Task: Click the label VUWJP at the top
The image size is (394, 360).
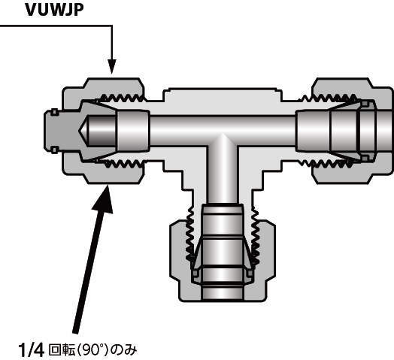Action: (54, 11)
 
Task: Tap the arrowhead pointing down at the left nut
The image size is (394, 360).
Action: (112, 67)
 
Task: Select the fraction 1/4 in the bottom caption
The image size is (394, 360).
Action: (31, 350)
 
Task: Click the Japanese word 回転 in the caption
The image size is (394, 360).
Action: (62, 350)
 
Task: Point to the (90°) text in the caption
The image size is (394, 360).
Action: (93, 350)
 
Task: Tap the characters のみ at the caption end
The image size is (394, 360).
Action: (124, 350)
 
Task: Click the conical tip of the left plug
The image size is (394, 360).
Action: (83, 131)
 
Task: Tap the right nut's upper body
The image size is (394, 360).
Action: (352, 86)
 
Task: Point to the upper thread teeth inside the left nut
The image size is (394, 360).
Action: (122, 98)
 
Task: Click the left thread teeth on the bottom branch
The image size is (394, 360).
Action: (189, 235)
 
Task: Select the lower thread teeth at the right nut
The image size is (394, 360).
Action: (326, 164)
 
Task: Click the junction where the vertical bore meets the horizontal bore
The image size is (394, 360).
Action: (223, 146)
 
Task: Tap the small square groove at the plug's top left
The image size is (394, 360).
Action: (55, 112)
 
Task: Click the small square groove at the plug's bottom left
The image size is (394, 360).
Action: (55, 150)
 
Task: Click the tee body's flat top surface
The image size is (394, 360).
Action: (223, 89)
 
